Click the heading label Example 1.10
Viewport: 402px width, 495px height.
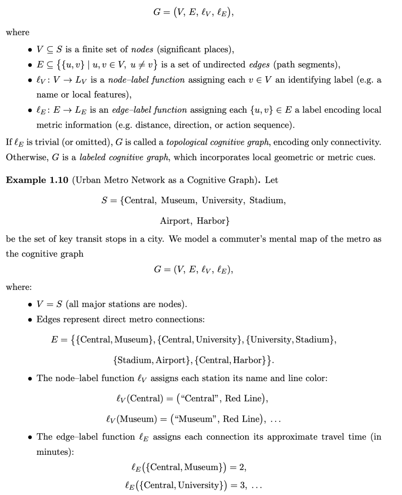pyautogui.click(x=37, y=180)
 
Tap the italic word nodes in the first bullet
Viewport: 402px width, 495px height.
pyautogui.click(x=142, y=49)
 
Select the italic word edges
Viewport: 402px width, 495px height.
pyautogui.click(x=259, y=65)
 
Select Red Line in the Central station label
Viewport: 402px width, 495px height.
pyautogui.click(x=244, y=399)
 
